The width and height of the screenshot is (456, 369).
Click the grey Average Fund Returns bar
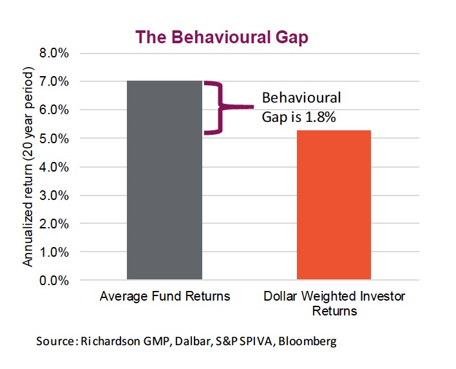coord(164,181)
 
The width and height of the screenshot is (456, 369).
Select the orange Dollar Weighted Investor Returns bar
coord(334,205)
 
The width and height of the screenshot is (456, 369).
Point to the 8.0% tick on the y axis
coord(54,53)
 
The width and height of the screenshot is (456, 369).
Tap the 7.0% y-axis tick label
coord(54,82)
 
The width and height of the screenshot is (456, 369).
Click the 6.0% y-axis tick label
coord(54,110)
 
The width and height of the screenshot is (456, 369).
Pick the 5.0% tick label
coord(54,139)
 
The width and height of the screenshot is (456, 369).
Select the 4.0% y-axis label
coord(54,167)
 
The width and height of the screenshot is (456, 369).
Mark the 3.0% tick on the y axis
coord(54,195)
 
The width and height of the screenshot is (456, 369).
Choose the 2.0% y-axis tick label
coord(54,224)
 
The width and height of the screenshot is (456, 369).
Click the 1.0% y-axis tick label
coord(54,252)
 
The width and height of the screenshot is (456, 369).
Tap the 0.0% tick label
coord(54,281)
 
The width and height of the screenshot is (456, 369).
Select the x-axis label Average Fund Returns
coord(165,297)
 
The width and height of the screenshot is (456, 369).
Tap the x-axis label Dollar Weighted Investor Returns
coord(334,304)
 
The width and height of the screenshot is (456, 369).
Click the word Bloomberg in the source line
coord(308,341)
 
